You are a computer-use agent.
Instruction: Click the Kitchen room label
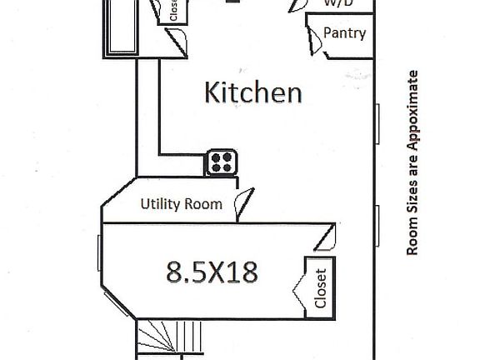click(253, 92)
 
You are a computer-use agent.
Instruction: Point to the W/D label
click(337, 3)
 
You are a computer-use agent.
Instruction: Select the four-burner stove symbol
click(222, 162)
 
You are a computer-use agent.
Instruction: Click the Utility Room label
click(181, 203)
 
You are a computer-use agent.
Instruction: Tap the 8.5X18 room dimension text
click(211, 271)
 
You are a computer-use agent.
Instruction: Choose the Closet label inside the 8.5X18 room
click(321, 287)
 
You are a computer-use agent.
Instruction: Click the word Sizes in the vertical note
click(411, 202)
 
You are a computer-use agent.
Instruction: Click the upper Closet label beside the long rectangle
click(173, 10)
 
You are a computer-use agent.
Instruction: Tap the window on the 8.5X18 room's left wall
click(100, 255)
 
